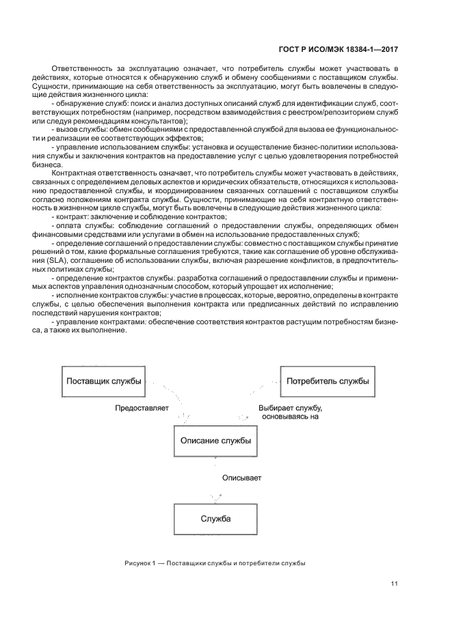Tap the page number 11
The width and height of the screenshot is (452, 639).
[x=394, y=584]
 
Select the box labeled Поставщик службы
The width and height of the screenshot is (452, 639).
[x=103, y=381]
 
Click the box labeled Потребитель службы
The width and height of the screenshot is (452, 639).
[x=328, y=381]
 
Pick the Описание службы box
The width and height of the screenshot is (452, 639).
[x=215, y=440]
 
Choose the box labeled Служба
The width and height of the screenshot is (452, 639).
[x=215, y=518]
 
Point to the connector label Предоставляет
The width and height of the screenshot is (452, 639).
[x=137, y=408]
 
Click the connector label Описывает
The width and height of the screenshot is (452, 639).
[x=241, y=478]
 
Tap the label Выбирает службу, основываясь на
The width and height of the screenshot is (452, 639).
[x=290, y=412]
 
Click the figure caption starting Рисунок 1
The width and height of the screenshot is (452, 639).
[x=215, y=563]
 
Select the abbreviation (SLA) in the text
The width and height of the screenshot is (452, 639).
[x=60, y=261]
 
